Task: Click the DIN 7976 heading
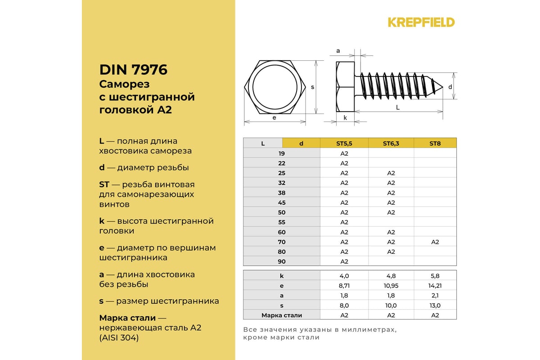(x=133, y=70)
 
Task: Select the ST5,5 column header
(x=344, y=144)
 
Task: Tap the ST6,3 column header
(x=391, y=144)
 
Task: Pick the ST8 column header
(x=435, y=144)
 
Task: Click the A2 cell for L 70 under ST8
(x=435, y=242)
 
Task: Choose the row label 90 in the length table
(x=282, y=261)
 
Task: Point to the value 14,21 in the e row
(x=435, y=286)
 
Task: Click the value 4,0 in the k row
(x=344, y=276)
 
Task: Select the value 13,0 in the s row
(x=435, y=306)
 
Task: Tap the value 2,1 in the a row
(x=435, y=296)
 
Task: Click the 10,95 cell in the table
(x=391, y=286)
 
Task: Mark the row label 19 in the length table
(x=282, y=153)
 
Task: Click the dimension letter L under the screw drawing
(x=398, y=107)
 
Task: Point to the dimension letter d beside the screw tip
(x=450, y=86)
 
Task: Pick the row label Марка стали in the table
(x=282, y=315)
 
